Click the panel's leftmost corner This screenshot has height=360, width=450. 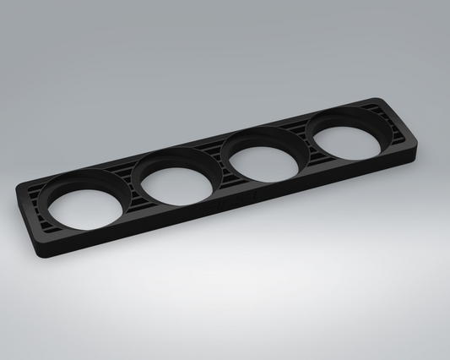point(17,193)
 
